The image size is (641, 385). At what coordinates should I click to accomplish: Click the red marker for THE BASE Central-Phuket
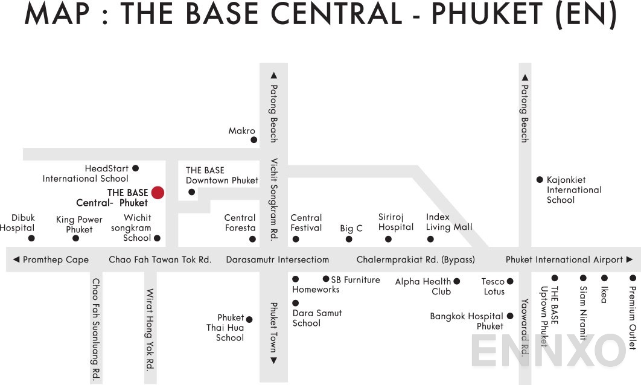tap(158, 192)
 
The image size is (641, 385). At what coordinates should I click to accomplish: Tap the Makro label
tap(241, 131)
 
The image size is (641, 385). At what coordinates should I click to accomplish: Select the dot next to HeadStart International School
tap(136, 168)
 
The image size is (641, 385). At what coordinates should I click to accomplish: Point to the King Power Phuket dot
tap(76, 238)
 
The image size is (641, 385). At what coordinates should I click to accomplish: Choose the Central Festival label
tap(306, 223)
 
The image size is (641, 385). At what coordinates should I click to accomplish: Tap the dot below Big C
tap(349, 239)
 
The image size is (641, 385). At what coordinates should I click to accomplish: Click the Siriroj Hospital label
tap(396, 222)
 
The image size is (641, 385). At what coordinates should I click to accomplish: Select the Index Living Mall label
tap(448, 222)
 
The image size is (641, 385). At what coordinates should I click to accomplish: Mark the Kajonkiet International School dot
tap(540, 179)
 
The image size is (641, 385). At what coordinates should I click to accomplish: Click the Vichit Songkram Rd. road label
tap(273, 200)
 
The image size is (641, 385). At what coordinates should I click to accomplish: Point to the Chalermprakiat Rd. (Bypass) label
tap(415, 259)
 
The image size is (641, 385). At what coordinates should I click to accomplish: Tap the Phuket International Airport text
tap(564, 259)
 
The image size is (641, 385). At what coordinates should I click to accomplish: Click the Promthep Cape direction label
tap(55, 259)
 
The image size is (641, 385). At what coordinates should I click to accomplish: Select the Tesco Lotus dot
tap(510, 281)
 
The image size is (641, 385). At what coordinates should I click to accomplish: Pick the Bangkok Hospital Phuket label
tap(467, 321)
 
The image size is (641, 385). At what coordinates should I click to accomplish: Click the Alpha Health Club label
tap(423, 287)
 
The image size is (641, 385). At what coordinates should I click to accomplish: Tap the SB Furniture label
tap(356, 279)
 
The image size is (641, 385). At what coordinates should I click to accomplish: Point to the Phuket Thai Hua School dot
tap(249, 319)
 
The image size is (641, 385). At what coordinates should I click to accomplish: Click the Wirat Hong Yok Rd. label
tap(150, 329)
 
